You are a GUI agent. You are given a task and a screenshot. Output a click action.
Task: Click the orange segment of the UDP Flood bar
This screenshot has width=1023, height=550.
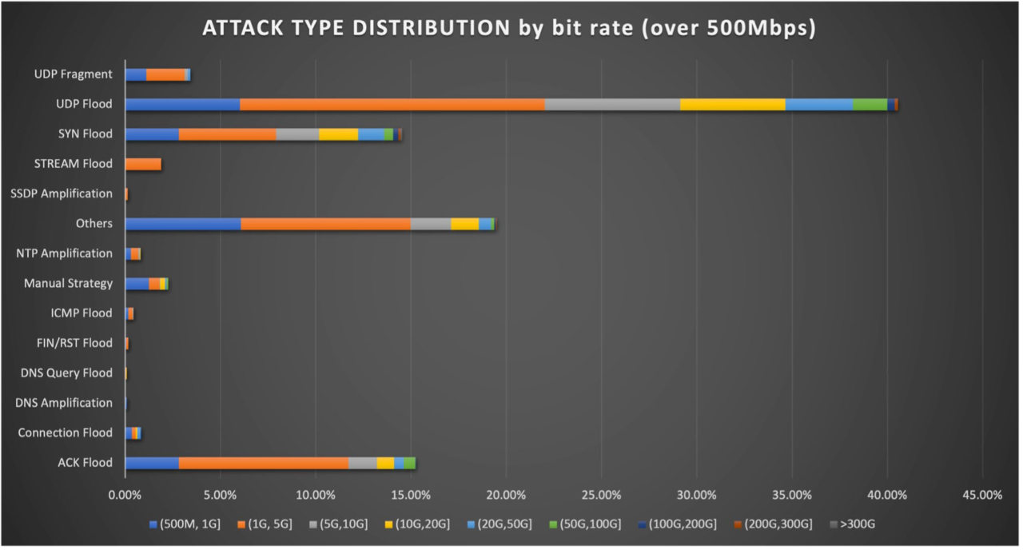[392, 104]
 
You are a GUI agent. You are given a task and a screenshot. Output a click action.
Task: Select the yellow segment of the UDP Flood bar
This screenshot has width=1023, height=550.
[732, 104]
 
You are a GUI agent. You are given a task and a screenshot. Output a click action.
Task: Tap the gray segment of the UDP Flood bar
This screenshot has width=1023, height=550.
[612, 104]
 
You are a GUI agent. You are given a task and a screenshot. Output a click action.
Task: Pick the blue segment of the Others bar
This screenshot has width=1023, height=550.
[183, 224]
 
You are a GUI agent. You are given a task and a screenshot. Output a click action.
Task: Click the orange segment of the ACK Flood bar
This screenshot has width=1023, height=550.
[264, 463]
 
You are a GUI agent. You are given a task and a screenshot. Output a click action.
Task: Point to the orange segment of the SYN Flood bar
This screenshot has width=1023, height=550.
[227, 134]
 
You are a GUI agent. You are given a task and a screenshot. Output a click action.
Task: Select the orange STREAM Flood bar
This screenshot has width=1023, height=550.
[144, 164]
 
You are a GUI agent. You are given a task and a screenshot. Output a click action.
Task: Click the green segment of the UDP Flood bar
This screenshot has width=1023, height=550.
[870, 104]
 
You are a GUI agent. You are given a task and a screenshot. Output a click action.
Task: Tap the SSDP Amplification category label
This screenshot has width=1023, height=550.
[62, 193]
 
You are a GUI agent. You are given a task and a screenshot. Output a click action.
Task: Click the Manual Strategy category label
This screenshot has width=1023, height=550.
[68, 283]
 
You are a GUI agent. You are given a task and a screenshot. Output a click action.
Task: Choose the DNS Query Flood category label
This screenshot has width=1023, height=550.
[66, 373]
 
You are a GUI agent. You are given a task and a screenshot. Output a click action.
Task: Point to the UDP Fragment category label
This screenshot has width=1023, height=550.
[73, 74]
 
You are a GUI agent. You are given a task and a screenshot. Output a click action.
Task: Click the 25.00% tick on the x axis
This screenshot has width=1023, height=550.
[601, 495]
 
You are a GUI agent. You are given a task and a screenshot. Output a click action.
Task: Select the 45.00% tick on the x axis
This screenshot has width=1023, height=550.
[981, 495]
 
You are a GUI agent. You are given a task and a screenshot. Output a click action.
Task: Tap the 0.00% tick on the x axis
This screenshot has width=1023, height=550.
[125, 495]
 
